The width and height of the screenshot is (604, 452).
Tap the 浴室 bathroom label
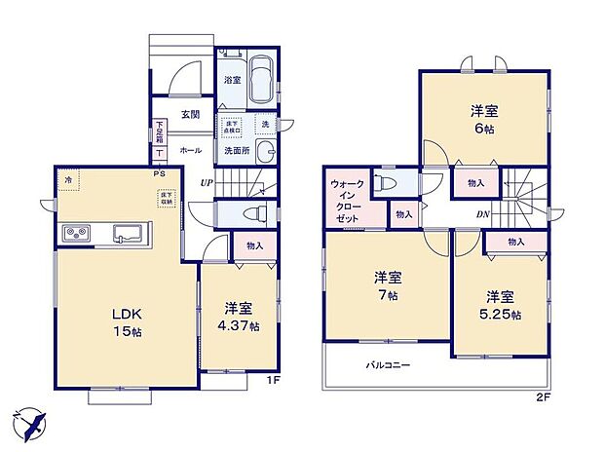tap(232, 80)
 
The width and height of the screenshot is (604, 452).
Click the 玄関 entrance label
tap(190, 114)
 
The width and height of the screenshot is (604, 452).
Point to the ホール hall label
tap(191, 151)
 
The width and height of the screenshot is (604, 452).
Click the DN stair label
tap(483, 214)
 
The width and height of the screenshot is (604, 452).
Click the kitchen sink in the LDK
tap(128, 233)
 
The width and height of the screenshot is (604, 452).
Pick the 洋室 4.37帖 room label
tap(239, 318)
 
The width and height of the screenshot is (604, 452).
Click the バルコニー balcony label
tap(388, 365)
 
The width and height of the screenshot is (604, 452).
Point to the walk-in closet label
tap(348, 200)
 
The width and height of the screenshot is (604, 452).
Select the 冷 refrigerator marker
tap(68, 181)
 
